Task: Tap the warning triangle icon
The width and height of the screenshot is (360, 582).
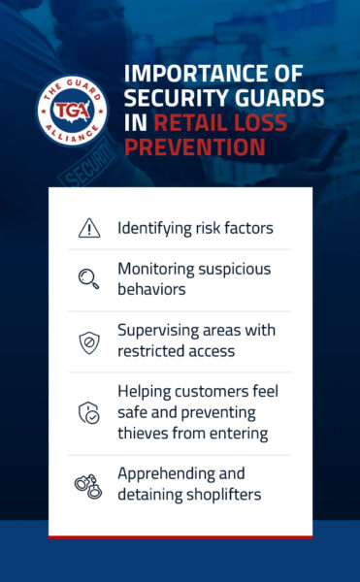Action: click(x=88, y=228)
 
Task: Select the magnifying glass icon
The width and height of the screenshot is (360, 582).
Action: click(x=88, y=279)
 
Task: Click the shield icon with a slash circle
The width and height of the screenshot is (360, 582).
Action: click(x=88, y=341)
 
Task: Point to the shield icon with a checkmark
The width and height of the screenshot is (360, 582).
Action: click(x=88, y=412)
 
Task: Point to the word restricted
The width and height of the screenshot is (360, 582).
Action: click(x=152, y=351)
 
